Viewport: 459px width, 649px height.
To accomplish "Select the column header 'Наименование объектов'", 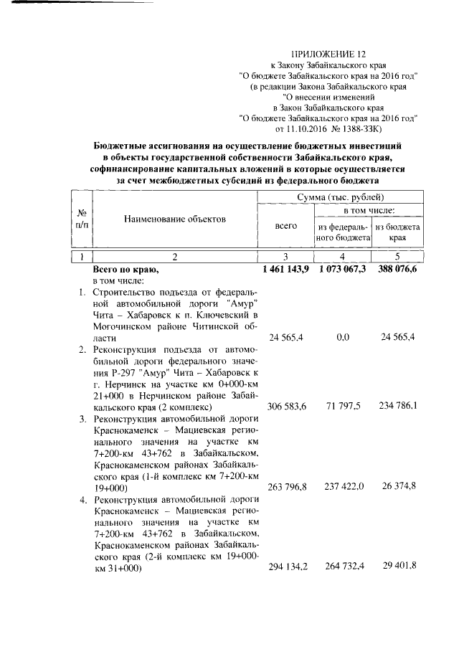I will (x=174, y=217).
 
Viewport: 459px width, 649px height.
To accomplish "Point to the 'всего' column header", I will (x=285, y=225).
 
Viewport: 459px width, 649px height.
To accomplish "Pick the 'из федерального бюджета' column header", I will (x=342, y=232).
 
